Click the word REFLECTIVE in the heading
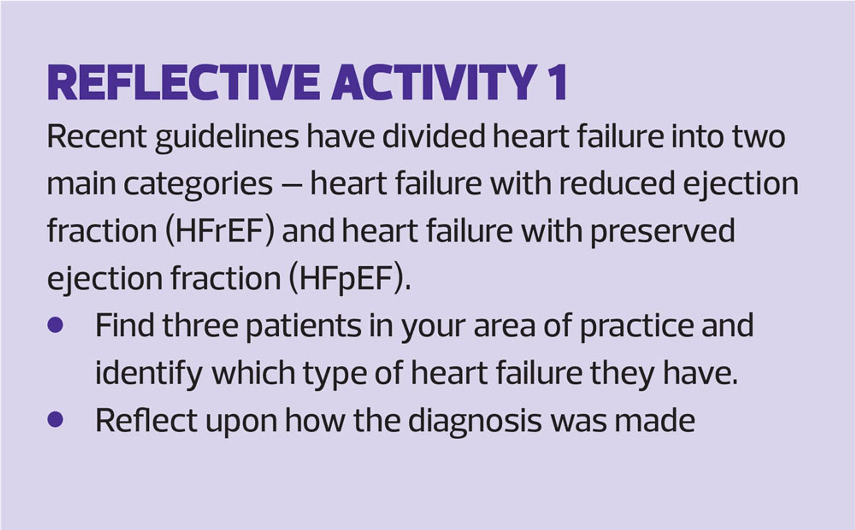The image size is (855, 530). tap(183, 83)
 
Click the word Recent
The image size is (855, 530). tap(96, 137)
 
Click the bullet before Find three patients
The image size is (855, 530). tap(55, 325)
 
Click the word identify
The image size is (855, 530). tap(149, 373)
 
